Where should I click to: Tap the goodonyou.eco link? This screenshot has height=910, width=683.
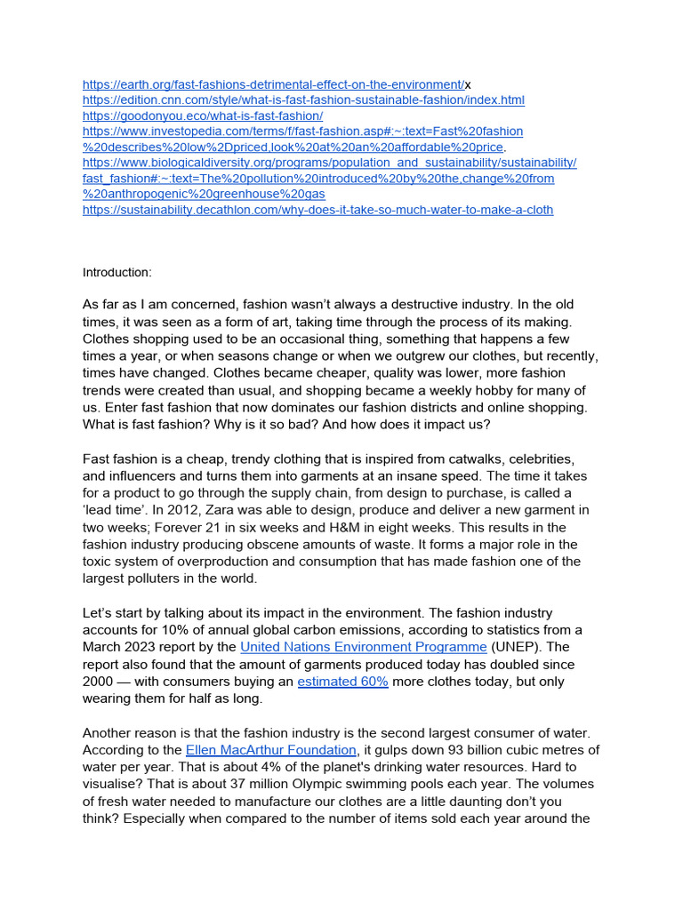coord(202,116)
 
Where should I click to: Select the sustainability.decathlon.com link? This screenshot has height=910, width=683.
coord(317,210)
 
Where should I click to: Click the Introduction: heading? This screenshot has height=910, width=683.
coord(117,272)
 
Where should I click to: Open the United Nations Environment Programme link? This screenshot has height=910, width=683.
coord(364,647)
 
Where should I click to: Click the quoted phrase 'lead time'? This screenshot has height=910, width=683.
coord(112,510)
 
